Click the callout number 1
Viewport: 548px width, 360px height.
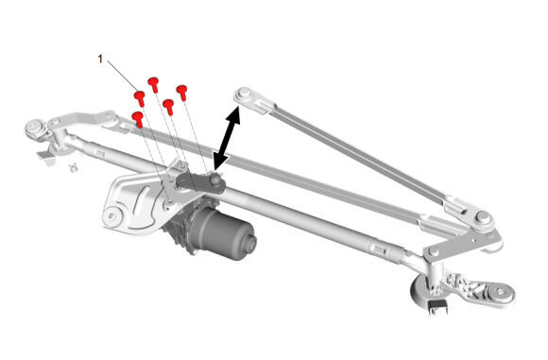click(100, 60)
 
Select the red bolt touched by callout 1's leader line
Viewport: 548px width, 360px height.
click(140, 98)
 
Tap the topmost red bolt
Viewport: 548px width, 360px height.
click(153, 85)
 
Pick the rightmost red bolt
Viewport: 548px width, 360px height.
click(182, 93)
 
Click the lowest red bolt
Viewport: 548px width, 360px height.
click(138, 119)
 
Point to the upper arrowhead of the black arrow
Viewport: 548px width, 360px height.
click(233, 115)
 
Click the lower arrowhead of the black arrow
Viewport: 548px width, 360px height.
click(220, 162)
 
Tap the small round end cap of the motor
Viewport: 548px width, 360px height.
click(251, 243)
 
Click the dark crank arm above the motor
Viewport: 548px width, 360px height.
click(196, 181)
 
